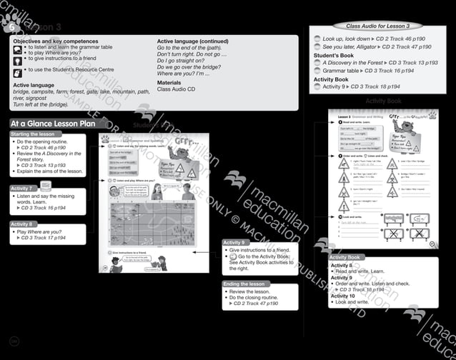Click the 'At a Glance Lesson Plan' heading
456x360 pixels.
(52, 124)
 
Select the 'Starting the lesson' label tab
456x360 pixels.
(32, 134)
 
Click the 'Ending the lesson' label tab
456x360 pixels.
(244, 284)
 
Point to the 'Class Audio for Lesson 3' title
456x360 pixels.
(377, 26)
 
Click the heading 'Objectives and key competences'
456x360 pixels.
(56, 41)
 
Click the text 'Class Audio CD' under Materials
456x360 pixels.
(179, 89)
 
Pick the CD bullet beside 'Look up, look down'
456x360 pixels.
(317, 39)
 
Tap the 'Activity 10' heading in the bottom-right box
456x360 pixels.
(343, 296)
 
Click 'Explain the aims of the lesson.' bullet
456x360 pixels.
(50, 171)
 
